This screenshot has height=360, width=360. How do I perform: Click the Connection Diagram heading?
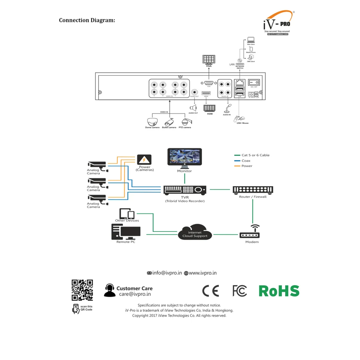tap(87, 20)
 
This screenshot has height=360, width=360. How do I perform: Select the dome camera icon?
tap(152, 121)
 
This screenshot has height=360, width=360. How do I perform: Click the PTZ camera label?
tap(185, 127)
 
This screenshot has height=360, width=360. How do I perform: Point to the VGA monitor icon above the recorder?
tap(208, 59)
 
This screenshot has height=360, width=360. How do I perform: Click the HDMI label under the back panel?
tap(210, 114)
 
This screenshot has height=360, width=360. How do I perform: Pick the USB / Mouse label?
tap(243, 123)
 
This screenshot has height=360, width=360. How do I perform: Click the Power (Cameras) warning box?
tap(144, 159)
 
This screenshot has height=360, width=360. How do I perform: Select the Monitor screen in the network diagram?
tap(185, 157)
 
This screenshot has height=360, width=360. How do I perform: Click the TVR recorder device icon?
tap(185, 190)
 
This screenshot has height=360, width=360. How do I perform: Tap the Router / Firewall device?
tap(253, 190)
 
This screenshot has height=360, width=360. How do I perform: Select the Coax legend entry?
tap(246, 161)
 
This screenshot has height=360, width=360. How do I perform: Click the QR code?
tap(82, 290)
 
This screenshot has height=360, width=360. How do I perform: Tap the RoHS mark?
tap(279, 291)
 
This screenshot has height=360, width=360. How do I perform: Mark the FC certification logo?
tap(240, 291)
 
